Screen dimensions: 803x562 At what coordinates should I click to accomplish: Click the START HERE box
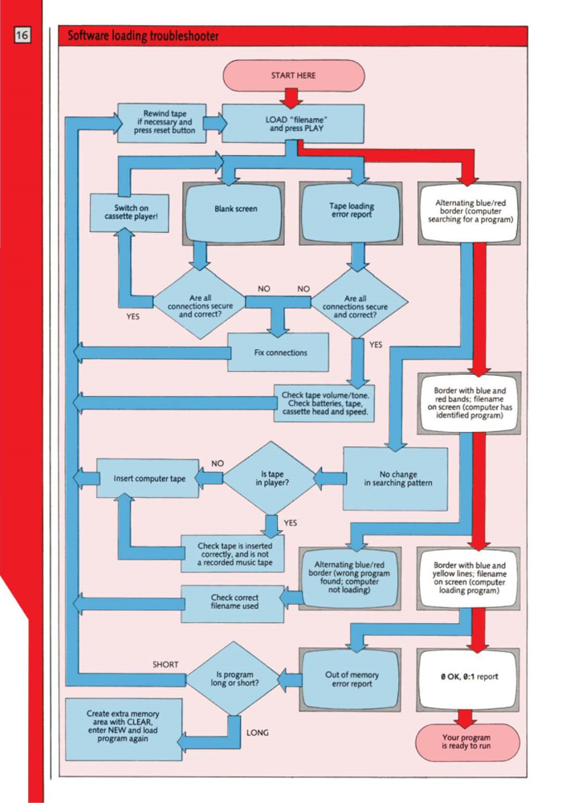293,75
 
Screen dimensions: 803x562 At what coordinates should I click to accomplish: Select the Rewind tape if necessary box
161,123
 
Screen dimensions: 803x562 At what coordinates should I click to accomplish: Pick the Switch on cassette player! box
128,214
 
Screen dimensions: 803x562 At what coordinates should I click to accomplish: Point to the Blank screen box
235,210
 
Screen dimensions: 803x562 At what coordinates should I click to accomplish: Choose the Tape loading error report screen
350,210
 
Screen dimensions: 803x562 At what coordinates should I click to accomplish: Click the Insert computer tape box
149,479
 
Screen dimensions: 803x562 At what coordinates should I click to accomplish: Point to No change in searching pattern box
396,479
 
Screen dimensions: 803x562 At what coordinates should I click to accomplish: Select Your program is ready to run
466,741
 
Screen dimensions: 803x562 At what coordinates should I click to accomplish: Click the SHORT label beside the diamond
165,665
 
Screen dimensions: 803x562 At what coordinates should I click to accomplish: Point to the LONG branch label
258,732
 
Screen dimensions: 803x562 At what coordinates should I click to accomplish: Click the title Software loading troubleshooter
143,36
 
